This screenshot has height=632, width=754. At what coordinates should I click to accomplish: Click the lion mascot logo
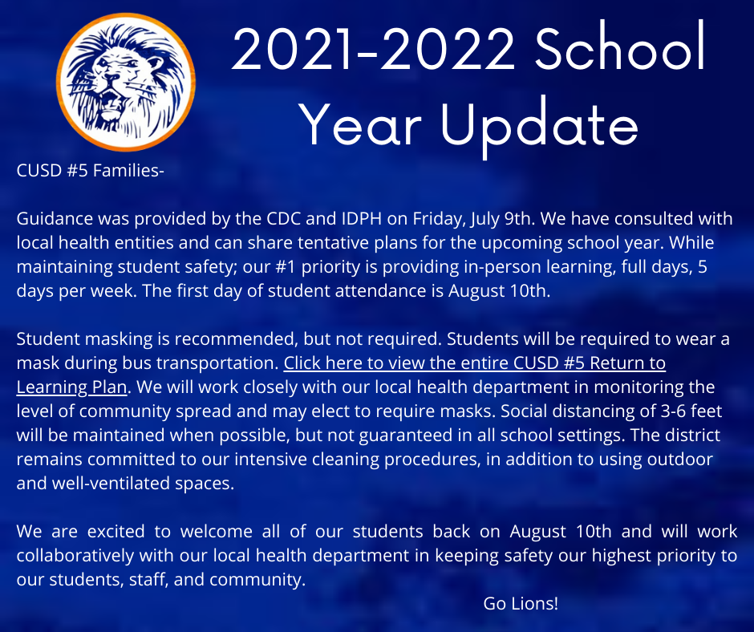[126, 83]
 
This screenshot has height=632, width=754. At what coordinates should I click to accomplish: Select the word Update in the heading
[540, 127]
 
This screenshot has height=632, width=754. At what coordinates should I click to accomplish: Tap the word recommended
[234, 339]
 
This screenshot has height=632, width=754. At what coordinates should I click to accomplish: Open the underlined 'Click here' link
[475, 363]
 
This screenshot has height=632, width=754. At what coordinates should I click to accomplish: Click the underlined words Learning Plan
[71, 387]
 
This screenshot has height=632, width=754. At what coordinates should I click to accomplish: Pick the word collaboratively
[75, 556]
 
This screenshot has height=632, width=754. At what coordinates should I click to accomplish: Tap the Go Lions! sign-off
[521, 603]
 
